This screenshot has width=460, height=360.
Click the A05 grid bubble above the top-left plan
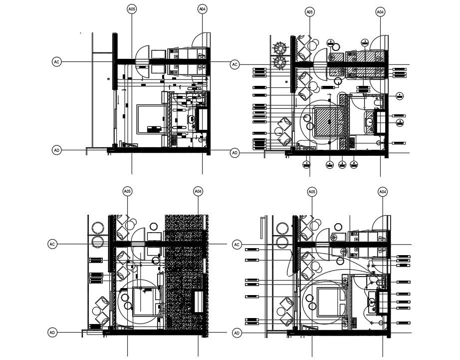(x=132, y=9)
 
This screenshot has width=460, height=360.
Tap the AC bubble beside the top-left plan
(x=56, y=62)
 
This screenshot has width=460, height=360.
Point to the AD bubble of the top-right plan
(x=234, y=153)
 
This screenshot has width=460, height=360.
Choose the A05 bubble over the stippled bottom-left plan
(x=128, y=191)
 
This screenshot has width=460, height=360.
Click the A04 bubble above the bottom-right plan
(x=383, y=192)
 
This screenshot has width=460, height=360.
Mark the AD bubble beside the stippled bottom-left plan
(x=52, y=333)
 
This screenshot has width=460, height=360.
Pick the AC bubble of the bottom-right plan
(x=237, y=245)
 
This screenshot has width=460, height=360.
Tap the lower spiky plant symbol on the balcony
(x=280, y=62)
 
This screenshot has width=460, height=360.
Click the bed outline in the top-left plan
(x=150, y=119)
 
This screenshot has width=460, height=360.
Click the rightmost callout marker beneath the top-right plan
(x=354, y=164)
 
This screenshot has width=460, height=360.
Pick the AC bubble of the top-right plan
(x=234, y=64)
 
